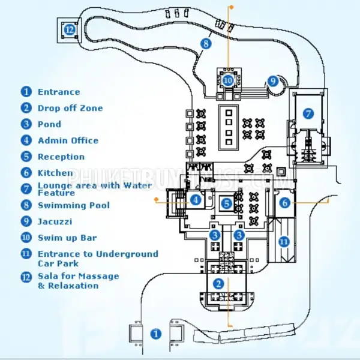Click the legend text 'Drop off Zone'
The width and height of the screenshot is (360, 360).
(x=70, y=108)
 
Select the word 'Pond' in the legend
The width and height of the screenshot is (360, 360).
(x=49, y=124)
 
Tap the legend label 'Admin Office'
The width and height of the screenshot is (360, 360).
(x=68, y=140)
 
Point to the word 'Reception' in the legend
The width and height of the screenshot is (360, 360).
(x=61, y=157)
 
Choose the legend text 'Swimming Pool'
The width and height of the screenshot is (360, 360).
(x=74, y=205)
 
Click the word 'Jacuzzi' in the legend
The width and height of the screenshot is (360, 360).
(x=55, y=221)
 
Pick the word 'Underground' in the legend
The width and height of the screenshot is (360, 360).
(x=127, y=254)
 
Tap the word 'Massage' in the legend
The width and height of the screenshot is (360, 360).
(x=100, y=276)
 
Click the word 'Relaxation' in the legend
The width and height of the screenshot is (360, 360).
(x=73, y=286)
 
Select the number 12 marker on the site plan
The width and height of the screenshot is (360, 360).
(x=70, y=30)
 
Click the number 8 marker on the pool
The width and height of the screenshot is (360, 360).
(x=206, y=43)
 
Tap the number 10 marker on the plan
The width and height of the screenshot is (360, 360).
(x=228, y=80)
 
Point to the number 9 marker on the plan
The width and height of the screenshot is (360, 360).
(x=273, y=81)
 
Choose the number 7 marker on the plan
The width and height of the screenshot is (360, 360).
(x=308, y=113)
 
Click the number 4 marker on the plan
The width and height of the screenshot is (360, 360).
(x=196, y=200)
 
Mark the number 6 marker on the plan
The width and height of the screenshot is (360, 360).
(x=285, y=203)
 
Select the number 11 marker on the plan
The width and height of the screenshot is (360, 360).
(x=284, y=242)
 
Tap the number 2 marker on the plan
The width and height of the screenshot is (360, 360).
(x=218, y=284)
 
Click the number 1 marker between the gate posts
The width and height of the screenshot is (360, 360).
(x=156, y=334)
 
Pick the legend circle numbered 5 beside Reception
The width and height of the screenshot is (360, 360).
(x=26, y=157)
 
